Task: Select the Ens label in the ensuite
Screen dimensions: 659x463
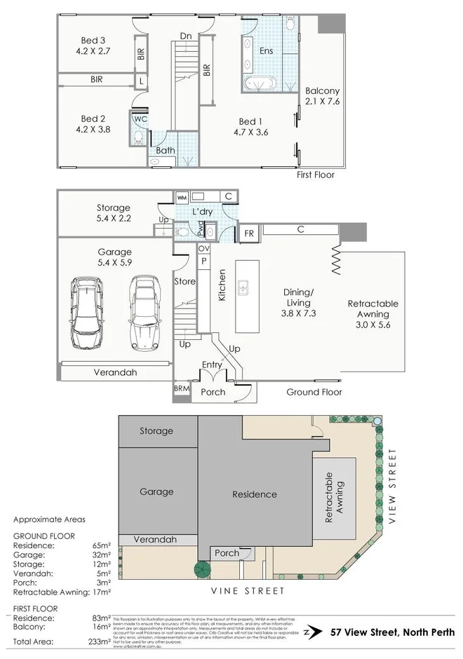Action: (267, 50)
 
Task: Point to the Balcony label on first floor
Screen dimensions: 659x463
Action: (322, 90)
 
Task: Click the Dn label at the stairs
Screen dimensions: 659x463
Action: (186, 36)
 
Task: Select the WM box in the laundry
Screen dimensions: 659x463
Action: (182, 197)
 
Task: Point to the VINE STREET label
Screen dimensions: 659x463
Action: (248, 591)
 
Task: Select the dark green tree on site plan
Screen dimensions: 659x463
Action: (203, 569)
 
